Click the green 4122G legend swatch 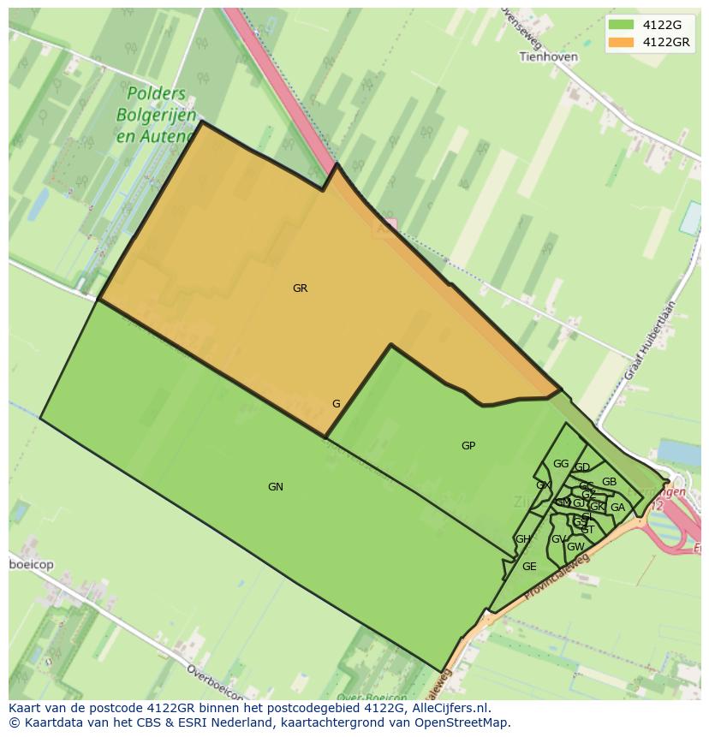tap(621, 25)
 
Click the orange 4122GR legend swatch tap(621, 42)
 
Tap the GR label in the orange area tap(300, 288)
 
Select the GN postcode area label tap(275, 487)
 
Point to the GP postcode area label tap(468, 446)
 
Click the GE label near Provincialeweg tap(529, 567)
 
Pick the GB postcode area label tap(609, 482)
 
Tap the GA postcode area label tap(617, 508)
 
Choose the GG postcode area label tap(561, 464)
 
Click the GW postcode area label tap(575, 547)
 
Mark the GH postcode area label tap(522, 539)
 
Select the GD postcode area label tap(582, 467)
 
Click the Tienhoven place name tap(549, 56)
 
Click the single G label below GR tap(337, 404)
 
